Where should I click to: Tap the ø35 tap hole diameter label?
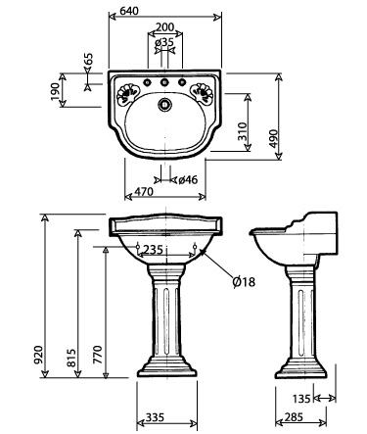click(165, 43)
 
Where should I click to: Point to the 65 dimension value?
click(88, 62)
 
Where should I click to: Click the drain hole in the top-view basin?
click(165, 101)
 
